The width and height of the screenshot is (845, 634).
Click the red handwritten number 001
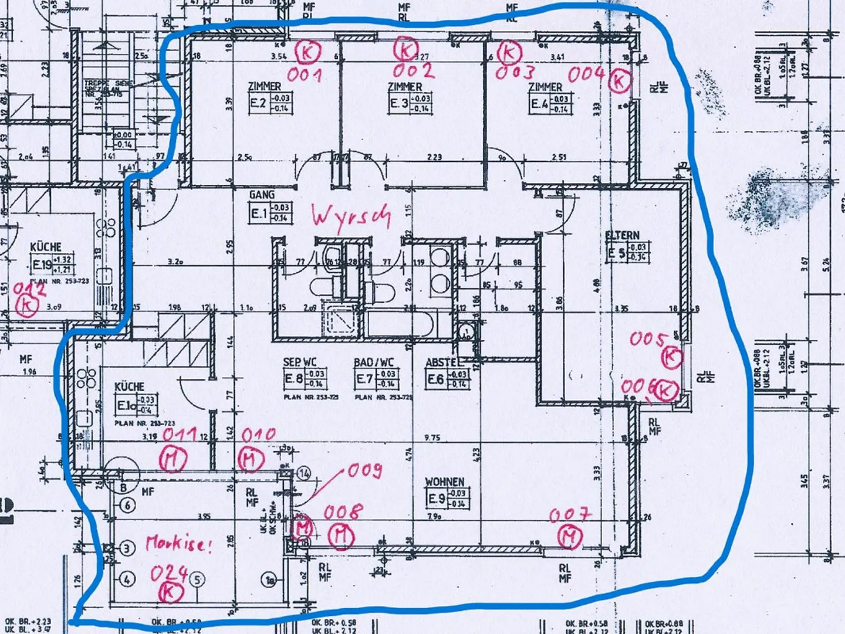click(x=304, y=75)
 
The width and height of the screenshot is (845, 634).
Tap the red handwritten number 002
click(x=414, y=72)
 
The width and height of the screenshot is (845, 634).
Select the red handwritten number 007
click(x=570, y=516)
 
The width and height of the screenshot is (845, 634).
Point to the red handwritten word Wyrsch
click(x=351, y=216)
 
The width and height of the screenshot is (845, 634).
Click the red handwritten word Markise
click(x=177, y=543)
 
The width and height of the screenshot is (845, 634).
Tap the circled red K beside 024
click(x=168, y=593)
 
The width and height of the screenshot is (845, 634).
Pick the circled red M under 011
click(x=173, y=459)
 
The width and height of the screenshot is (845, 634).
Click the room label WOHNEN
click(x=445, y=482)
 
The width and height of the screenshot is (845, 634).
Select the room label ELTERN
click(x=623, y=235)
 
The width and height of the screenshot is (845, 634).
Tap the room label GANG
click(x=262, y=194)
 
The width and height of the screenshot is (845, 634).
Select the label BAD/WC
click(x=374, y=363)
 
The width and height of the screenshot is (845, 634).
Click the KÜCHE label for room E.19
click(x=46, y=247)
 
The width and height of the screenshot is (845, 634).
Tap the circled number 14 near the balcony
click(x=304, y=473)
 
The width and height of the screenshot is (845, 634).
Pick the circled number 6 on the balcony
click(x=127, y=505)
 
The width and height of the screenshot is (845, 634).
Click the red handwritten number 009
click(x=365, y=470)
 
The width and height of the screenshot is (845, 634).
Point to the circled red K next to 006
click(x=666, y=391)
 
